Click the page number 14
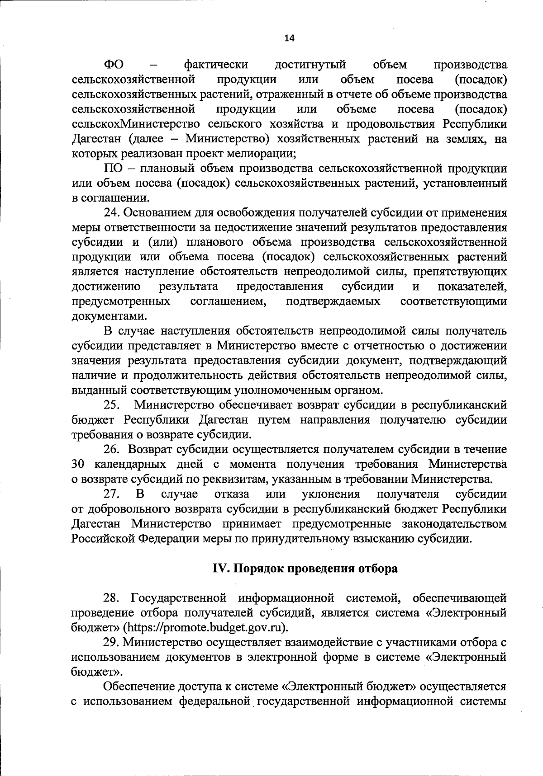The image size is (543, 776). tap(289, 38)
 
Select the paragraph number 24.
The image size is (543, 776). tap(112, 212)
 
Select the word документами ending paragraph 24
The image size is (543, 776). tap(108, 316)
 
